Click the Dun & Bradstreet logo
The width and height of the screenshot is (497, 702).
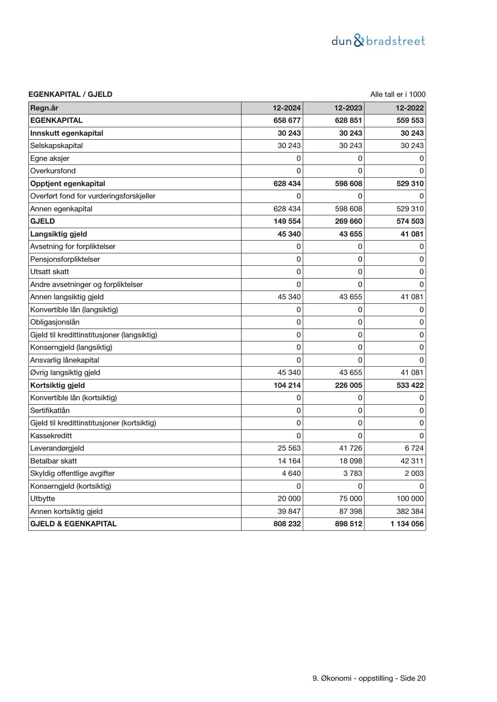[x=378, y=41]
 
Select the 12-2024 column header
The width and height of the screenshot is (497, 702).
[x=287, y=108]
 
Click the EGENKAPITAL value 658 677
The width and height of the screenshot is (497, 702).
[x=287, y=120]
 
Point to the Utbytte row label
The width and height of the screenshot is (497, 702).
[x=42, y=499]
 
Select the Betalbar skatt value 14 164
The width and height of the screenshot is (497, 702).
[x=289, y=461]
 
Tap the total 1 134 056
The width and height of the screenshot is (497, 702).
[x=407, y=524]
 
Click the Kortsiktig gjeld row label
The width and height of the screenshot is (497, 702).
[x=57, y=385]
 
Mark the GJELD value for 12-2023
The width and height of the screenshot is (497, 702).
[x=348, y=221]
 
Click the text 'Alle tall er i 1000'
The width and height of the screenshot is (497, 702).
[x=398, y=94]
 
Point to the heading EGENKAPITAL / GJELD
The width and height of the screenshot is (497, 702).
[x=70, y=94]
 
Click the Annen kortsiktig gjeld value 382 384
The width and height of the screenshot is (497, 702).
[x=410, y=511]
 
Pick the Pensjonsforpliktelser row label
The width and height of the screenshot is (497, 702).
[x=65, y=259]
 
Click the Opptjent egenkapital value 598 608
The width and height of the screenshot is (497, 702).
[x=348, y=184]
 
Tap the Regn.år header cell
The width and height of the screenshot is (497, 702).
[x=44, y=108]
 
